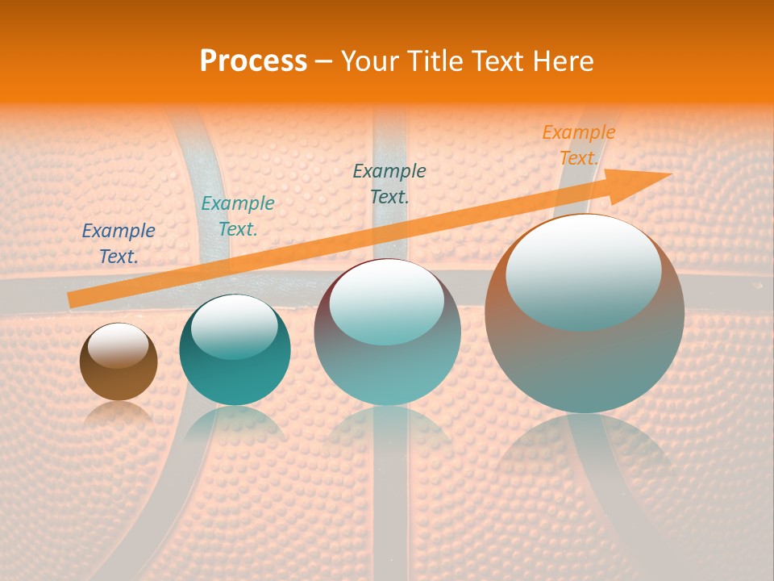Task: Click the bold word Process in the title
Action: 253,61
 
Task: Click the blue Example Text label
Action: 119,244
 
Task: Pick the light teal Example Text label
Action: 237,216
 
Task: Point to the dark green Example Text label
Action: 389,183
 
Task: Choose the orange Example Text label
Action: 578,145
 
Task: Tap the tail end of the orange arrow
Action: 74,299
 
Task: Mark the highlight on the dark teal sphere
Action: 235,327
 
